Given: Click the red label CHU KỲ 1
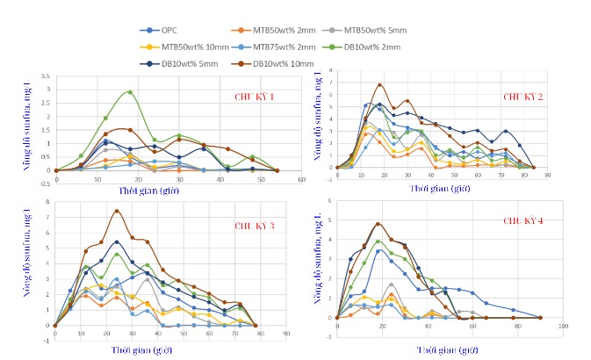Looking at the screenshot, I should pyautogui.click(x=254, y=97).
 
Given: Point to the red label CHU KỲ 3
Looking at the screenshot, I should pyautogui.click(x=255, y=226).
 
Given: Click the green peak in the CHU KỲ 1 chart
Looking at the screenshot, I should pyautogui.click(x=130, y=91).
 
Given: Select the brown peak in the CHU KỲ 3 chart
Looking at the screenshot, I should pyautogui.click(x=116, y=211).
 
